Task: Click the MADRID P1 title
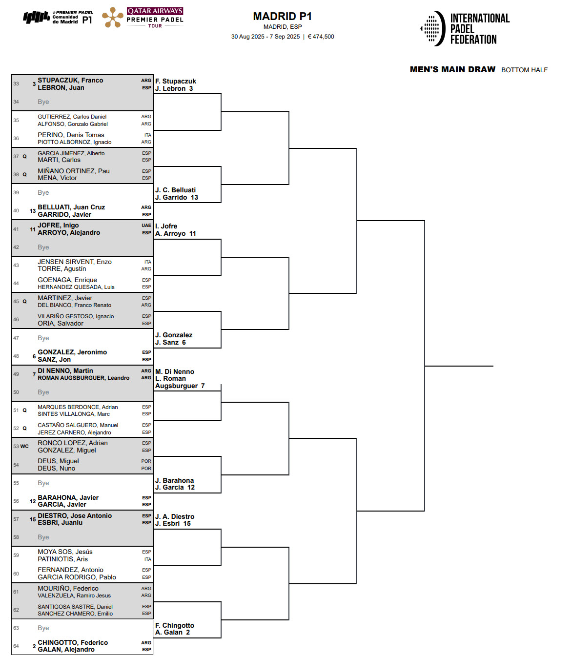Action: (282, 17)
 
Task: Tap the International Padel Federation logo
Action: (465, 29)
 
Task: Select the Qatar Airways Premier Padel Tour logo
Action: (143, 18)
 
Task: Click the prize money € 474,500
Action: (321, 37)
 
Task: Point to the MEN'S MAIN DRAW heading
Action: (452, 70)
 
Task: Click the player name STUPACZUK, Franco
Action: (70, 81)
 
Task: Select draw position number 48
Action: (16, 356)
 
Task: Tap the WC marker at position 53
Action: (24, 447)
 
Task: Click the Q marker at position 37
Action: (24, 157)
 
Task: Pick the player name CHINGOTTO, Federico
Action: (73, 642)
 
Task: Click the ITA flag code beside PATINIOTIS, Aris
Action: (147, 559)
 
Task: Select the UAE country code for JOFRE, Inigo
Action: (146, 226)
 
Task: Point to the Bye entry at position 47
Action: (43, 338)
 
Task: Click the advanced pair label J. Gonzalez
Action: (174, 335)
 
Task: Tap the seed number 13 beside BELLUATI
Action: (33, 211)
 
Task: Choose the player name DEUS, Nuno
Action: (57, 469)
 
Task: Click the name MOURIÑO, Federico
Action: (68, 589)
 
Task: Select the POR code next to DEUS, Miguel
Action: (146, 461)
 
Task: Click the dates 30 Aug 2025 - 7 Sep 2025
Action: (266, 37)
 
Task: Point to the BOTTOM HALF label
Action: (524, 70)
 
